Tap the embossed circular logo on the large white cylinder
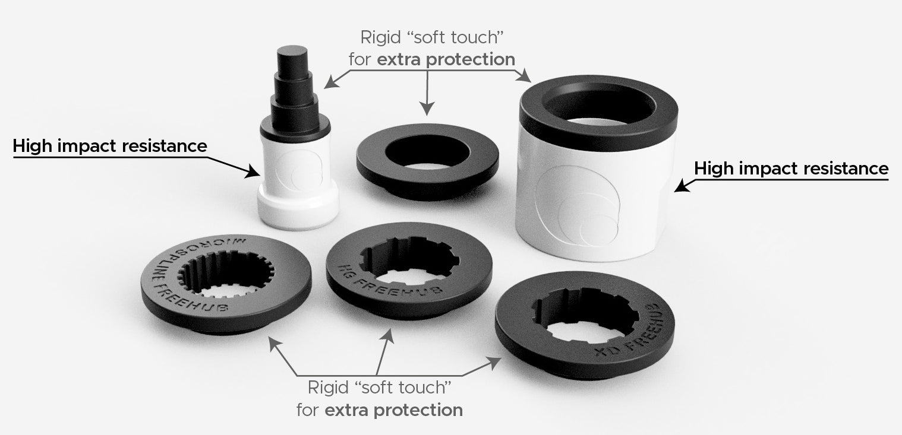(578, 205)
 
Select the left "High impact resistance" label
(110, 145)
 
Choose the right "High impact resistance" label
(791, 169)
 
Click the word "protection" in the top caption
(471, 59)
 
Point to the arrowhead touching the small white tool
(254, 171)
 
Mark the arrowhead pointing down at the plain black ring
(427, 108)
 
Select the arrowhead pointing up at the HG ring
(389, 336)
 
